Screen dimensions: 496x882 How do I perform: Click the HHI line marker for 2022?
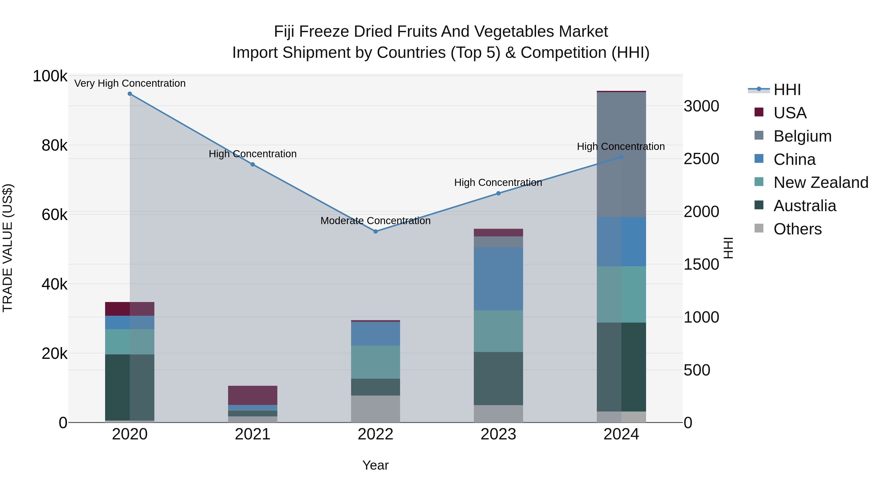[375, 231]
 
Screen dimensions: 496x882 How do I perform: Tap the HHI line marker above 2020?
[130, 94]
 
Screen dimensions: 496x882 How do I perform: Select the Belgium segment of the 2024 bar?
[621, 154]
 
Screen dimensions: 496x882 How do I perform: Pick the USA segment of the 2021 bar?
[253, 395]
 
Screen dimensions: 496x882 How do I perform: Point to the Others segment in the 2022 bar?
[375, 409]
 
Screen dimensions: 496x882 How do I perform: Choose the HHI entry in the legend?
[787, 90]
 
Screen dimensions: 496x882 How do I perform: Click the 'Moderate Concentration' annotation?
[375, 221]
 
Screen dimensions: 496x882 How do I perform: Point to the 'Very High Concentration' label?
[130, 83]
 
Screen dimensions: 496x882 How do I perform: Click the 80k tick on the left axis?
[54, 146]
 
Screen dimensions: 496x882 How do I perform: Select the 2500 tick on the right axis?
[701, 159]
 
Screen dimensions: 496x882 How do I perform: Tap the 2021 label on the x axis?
[253, 434]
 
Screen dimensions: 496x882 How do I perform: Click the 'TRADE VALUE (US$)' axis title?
[8, 248]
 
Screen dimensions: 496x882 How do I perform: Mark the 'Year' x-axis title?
[375, 465]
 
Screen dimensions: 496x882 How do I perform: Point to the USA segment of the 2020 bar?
[130, 309]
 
